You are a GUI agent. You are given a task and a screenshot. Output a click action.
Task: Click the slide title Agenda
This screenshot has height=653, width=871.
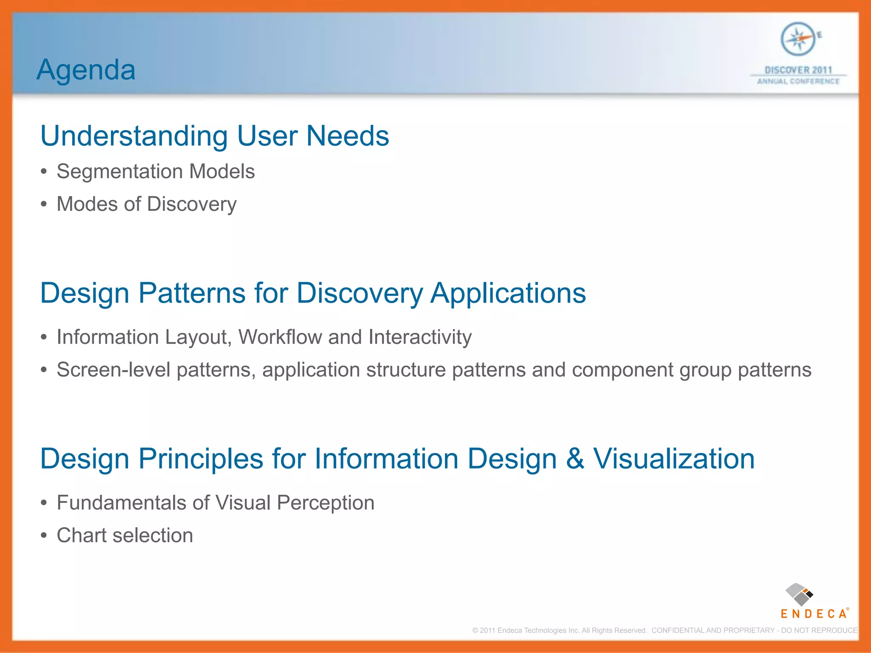(86, 70)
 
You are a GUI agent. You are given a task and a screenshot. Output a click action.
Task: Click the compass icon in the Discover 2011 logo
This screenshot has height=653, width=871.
(798, 40)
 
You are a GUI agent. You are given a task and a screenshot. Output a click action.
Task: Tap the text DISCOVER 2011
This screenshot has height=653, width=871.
(798, 70)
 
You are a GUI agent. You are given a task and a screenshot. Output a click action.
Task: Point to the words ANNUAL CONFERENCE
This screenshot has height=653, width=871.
(798, 81)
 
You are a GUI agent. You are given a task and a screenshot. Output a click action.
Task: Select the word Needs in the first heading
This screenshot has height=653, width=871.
(347, 136)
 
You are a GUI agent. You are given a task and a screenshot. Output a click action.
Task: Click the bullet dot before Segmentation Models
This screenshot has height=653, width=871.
(43, 172)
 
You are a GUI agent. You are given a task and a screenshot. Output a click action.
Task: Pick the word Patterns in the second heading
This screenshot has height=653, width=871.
(192, 293)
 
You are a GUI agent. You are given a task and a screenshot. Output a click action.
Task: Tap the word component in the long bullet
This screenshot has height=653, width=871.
(622, 370)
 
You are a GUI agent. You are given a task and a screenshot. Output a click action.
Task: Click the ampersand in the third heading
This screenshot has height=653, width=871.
(575, 459)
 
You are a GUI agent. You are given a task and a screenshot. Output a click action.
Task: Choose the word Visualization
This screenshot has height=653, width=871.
(674, 459)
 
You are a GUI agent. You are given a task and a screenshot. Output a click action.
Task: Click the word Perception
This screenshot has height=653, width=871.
(325, 503)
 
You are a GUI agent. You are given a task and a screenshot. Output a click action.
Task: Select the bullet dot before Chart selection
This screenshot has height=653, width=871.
(43, 536)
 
